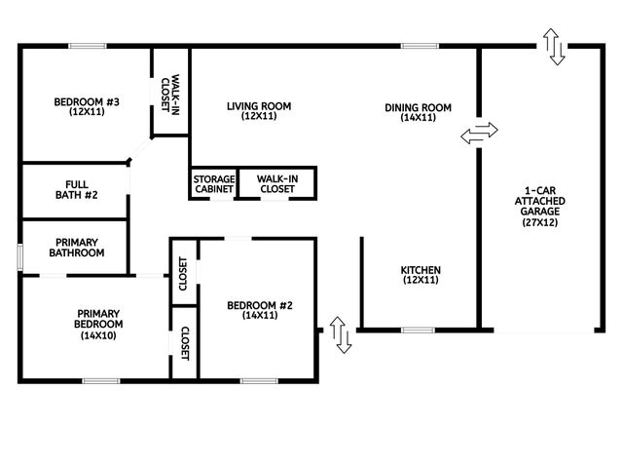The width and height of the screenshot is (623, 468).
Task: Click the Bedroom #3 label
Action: coord(87,106)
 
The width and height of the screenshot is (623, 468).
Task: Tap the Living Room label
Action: coord(259,111)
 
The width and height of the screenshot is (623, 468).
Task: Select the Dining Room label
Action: coord(418,112)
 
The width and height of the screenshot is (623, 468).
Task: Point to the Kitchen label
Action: coord(421,275)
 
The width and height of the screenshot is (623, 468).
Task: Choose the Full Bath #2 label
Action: coord(75,189)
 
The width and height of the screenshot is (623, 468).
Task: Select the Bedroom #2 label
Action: coord(260,310)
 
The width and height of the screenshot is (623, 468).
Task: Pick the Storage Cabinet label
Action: coord(212,184)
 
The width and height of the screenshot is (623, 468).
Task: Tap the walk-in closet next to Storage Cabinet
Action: coord(276,184)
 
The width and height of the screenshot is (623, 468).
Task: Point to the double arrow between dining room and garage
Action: coord(479,134)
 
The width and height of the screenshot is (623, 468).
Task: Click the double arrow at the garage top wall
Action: coord(555,47)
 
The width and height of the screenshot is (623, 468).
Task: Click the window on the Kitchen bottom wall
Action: coord(418,331)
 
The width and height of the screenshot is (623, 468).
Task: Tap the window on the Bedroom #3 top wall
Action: coord(87,45)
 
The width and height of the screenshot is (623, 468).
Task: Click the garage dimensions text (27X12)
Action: coord(540,222)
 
